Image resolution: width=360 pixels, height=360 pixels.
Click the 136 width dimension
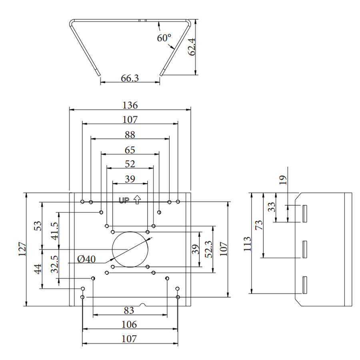click(130, 106)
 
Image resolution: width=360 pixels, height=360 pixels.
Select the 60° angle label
click(164, 38)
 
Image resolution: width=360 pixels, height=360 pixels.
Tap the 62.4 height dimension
click(192, 47)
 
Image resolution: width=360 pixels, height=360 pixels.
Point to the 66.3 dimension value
click(130, 78)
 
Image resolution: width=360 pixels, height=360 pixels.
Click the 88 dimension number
click(130, 134)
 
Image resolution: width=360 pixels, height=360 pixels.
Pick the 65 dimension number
click(130, 150)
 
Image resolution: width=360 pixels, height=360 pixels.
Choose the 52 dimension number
click(130, 164)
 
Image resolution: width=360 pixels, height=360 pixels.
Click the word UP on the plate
click(124, 200)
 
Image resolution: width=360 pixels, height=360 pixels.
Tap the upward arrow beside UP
click(137, 199)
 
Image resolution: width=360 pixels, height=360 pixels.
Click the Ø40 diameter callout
click(87, 259)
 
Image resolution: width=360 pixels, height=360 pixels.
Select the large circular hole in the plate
click(130, 249)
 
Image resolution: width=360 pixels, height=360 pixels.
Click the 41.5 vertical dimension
click(55, 230)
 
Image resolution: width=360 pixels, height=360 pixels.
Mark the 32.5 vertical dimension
click(55, 265)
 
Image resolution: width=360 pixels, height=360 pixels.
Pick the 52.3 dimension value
click(208, 249)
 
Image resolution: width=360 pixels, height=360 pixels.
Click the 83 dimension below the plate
click(129, 310)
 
